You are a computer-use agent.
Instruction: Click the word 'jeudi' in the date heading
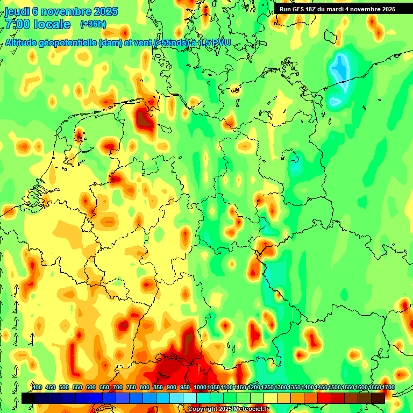click(x=16, y=11)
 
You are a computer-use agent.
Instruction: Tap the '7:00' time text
click(x=17, y=24)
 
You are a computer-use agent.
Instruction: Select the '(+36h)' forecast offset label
click(x=93, y=24)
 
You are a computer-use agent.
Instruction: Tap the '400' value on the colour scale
click(x=37, y=388)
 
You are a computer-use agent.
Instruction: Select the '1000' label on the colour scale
click(x=200, y=388)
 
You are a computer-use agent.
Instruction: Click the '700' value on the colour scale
click(x=118, y=388)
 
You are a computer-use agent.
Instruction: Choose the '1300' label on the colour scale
click(x=281, y=388)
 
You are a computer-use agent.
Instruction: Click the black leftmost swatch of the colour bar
click(x=28, y=398)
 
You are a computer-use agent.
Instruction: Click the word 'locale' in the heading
click(x=52, y=24)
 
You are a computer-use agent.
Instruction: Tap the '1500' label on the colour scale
click(x=334, y=388)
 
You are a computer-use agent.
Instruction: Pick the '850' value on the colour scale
click(x=158, y=388)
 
